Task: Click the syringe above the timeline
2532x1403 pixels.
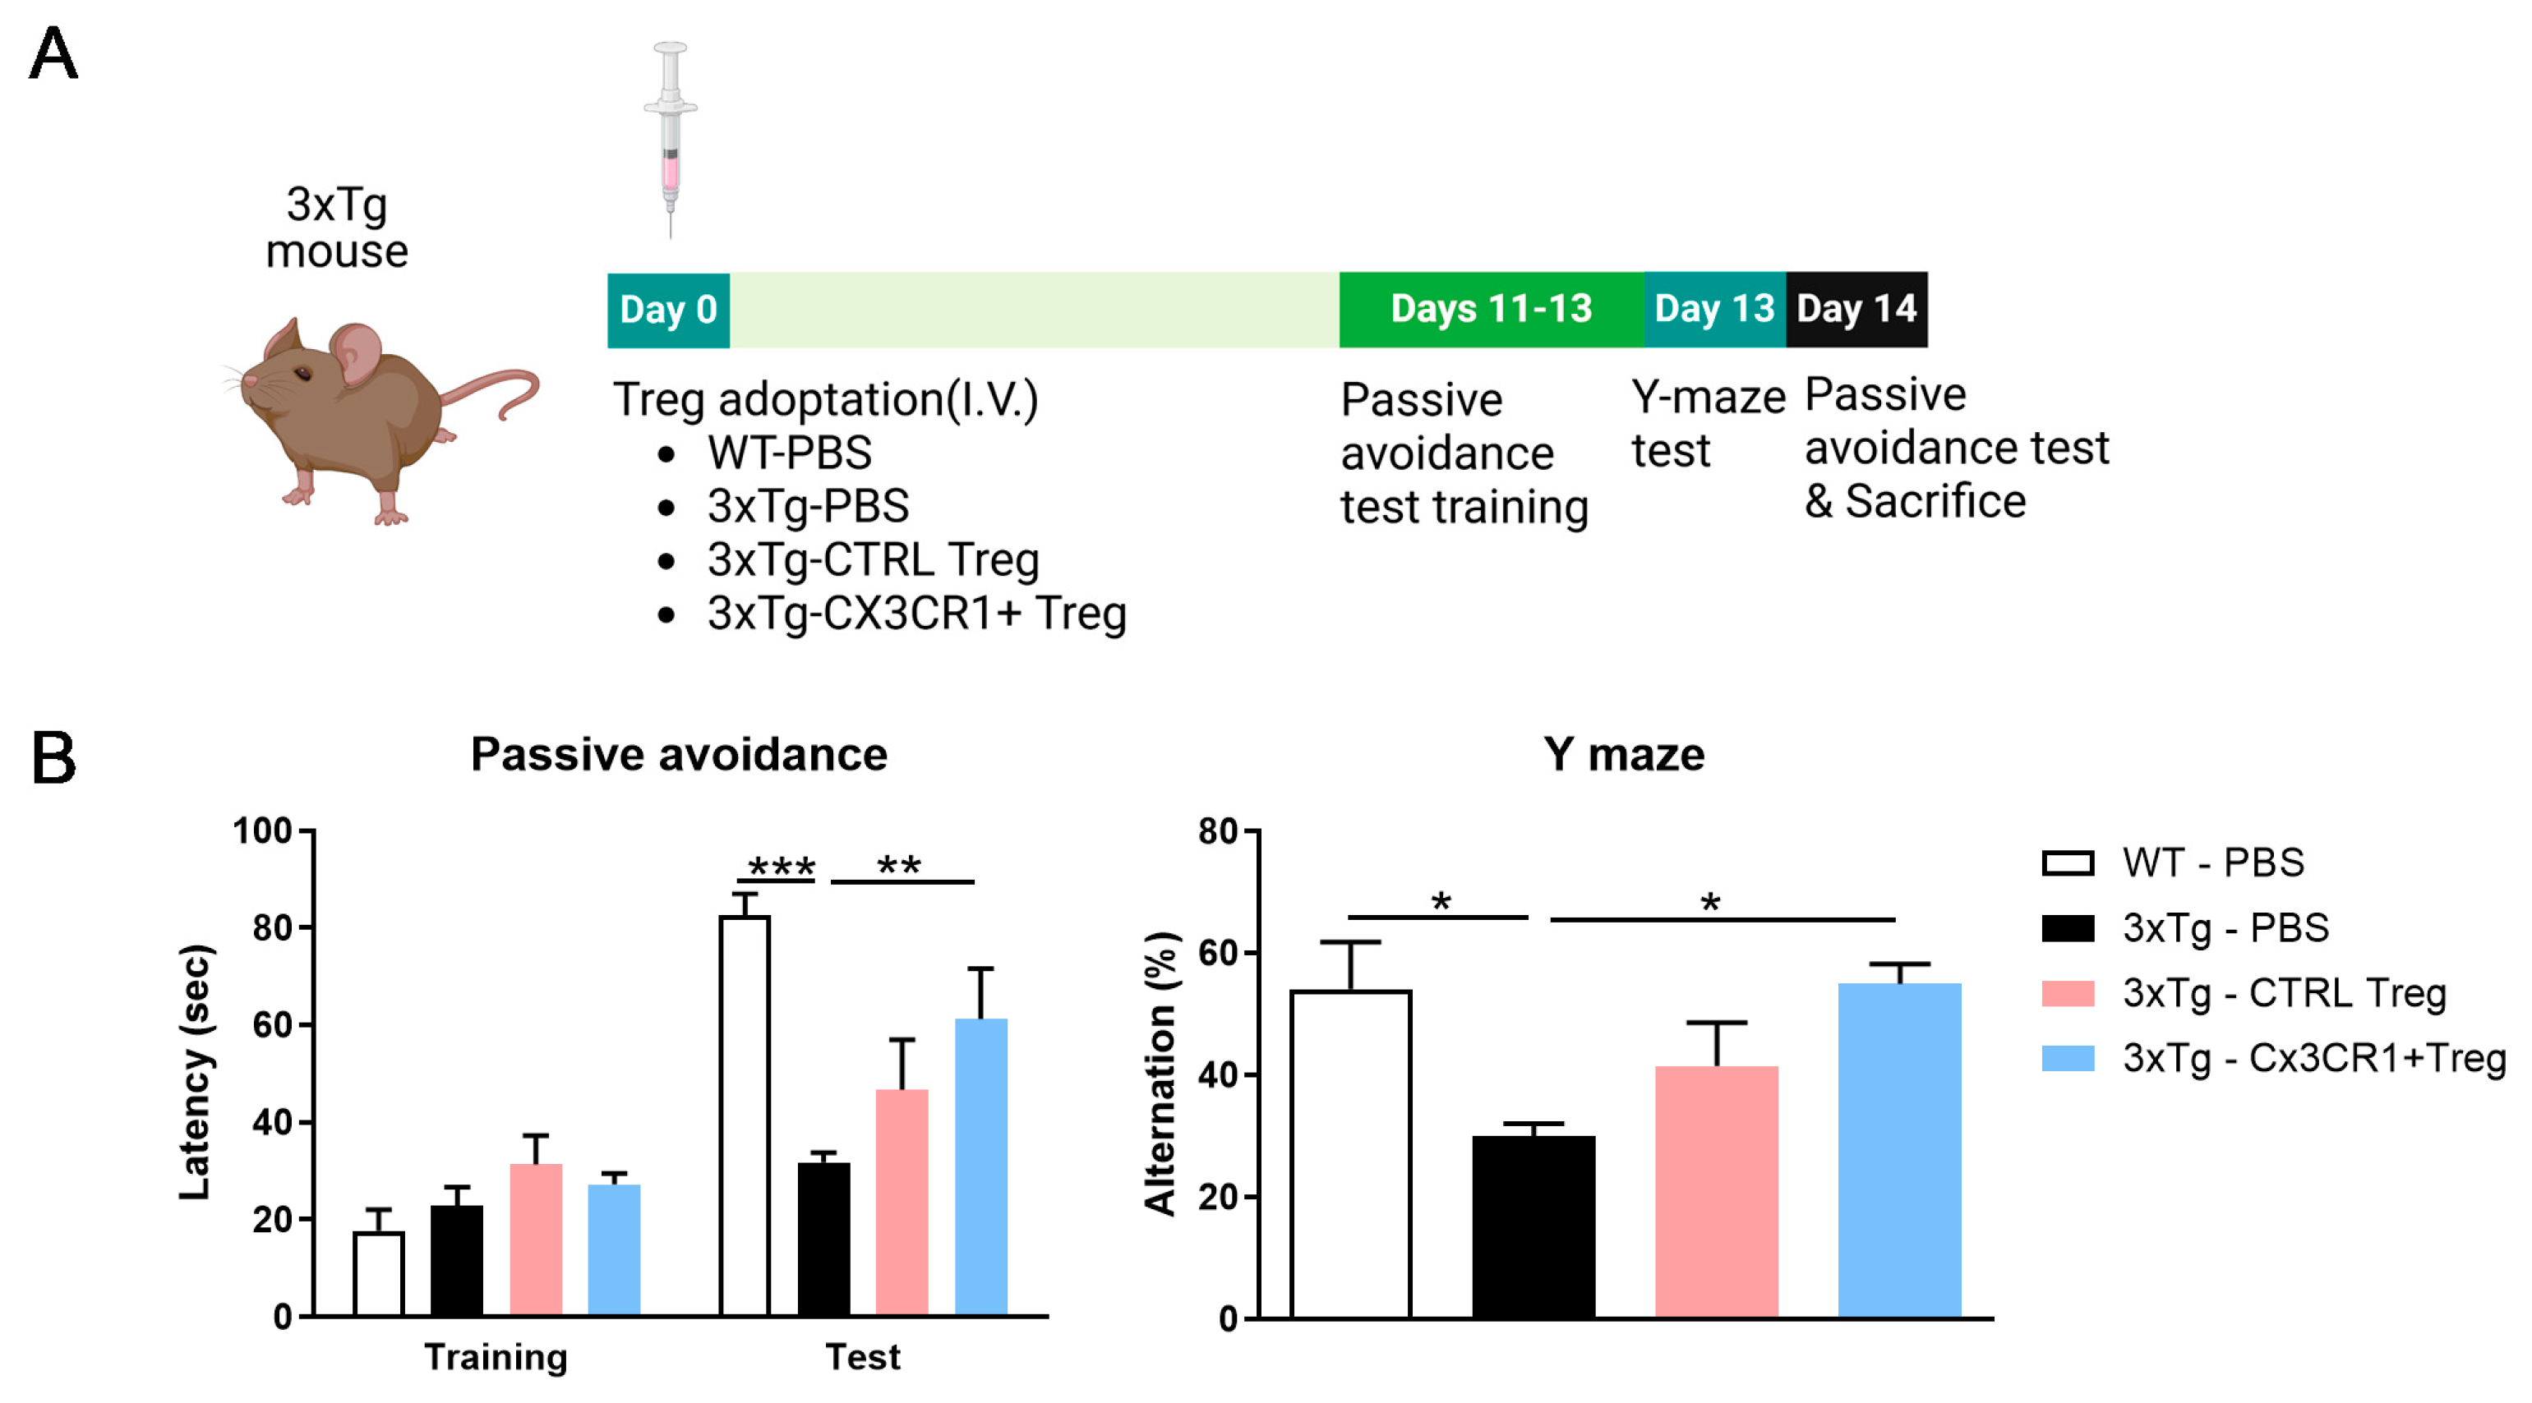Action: [x=671, y=137]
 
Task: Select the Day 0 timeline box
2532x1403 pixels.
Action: [x=668, y=310]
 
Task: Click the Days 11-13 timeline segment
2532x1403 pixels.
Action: [x=1490, y=310]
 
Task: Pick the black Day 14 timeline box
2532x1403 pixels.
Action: [x=1856, y=310]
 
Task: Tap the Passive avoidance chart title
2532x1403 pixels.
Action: [x=678, y=755]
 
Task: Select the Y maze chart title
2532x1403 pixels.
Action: [x=1623, y=755]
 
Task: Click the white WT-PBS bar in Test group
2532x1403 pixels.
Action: [x=744, y=1115]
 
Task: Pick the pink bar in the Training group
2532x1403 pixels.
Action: [x=536, y=1240]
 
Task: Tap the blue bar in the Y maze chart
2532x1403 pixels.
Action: [x=1898, y=1149]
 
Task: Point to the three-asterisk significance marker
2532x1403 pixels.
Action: [x=782, y=867]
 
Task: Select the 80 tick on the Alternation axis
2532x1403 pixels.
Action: [x=1218, y=831]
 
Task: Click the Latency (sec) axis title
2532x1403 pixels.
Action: [x=195, y=1071]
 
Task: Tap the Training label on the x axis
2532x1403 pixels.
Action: [x=496, y=1357]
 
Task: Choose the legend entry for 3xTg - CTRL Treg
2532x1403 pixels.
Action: [x=2282, y=993]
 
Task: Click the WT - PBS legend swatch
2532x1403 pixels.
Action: [x=2067, y=862]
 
